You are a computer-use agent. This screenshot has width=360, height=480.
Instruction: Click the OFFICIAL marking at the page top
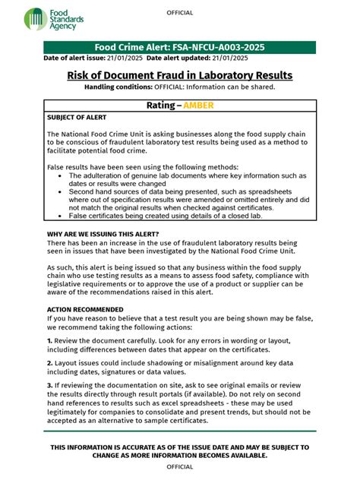179,13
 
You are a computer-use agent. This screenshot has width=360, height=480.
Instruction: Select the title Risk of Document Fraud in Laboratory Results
180,75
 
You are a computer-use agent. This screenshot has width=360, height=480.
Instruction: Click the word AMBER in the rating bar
204,106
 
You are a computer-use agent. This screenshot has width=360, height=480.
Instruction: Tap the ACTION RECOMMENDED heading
85,309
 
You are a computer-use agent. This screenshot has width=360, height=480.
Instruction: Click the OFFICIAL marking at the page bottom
179,467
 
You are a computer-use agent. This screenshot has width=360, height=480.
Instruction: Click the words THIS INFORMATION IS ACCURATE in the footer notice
114,448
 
